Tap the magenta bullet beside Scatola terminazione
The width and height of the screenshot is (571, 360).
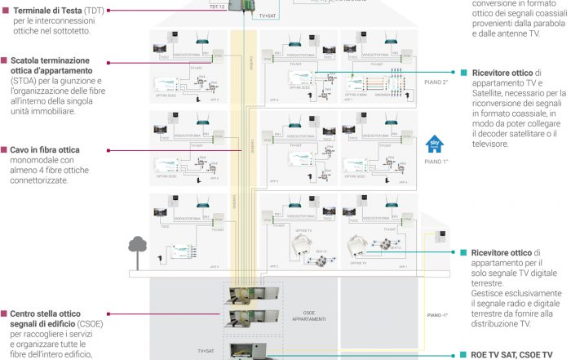click(4, 60)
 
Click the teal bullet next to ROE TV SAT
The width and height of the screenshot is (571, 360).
click(463, 355)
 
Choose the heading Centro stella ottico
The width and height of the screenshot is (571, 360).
click(51, 313)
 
